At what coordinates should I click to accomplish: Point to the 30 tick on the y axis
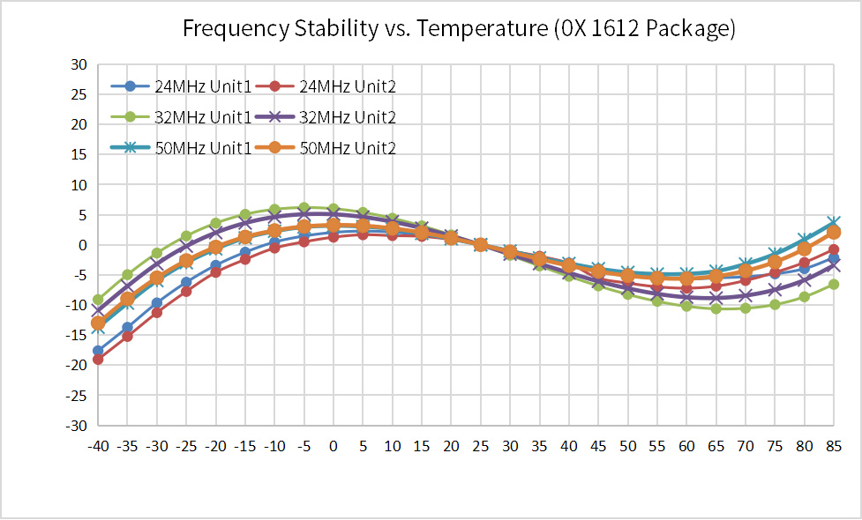(x=79, y=64)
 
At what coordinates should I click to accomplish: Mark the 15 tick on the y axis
(x=79, y=154)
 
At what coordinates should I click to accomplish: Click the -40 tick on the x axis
(x=98, y=446)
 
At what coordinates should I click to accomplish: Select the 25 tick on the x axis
(x=481, y=446)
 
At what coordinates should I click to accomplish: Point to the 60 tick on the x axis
(x=686, y=446)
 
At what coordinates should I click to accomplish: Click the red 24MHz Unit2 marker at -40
(x=98, y=359)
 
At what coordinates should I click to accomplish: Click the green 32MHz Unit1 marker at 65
(x=716, y=308)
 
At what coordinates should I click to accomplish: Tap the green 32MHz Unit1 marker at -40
(x=98, y=300)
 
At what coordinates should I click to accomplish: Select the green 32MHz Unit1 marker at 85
(x=834, y=284)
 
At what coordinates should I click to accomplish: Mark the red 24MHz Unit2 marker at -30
(x=157, y=312)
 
